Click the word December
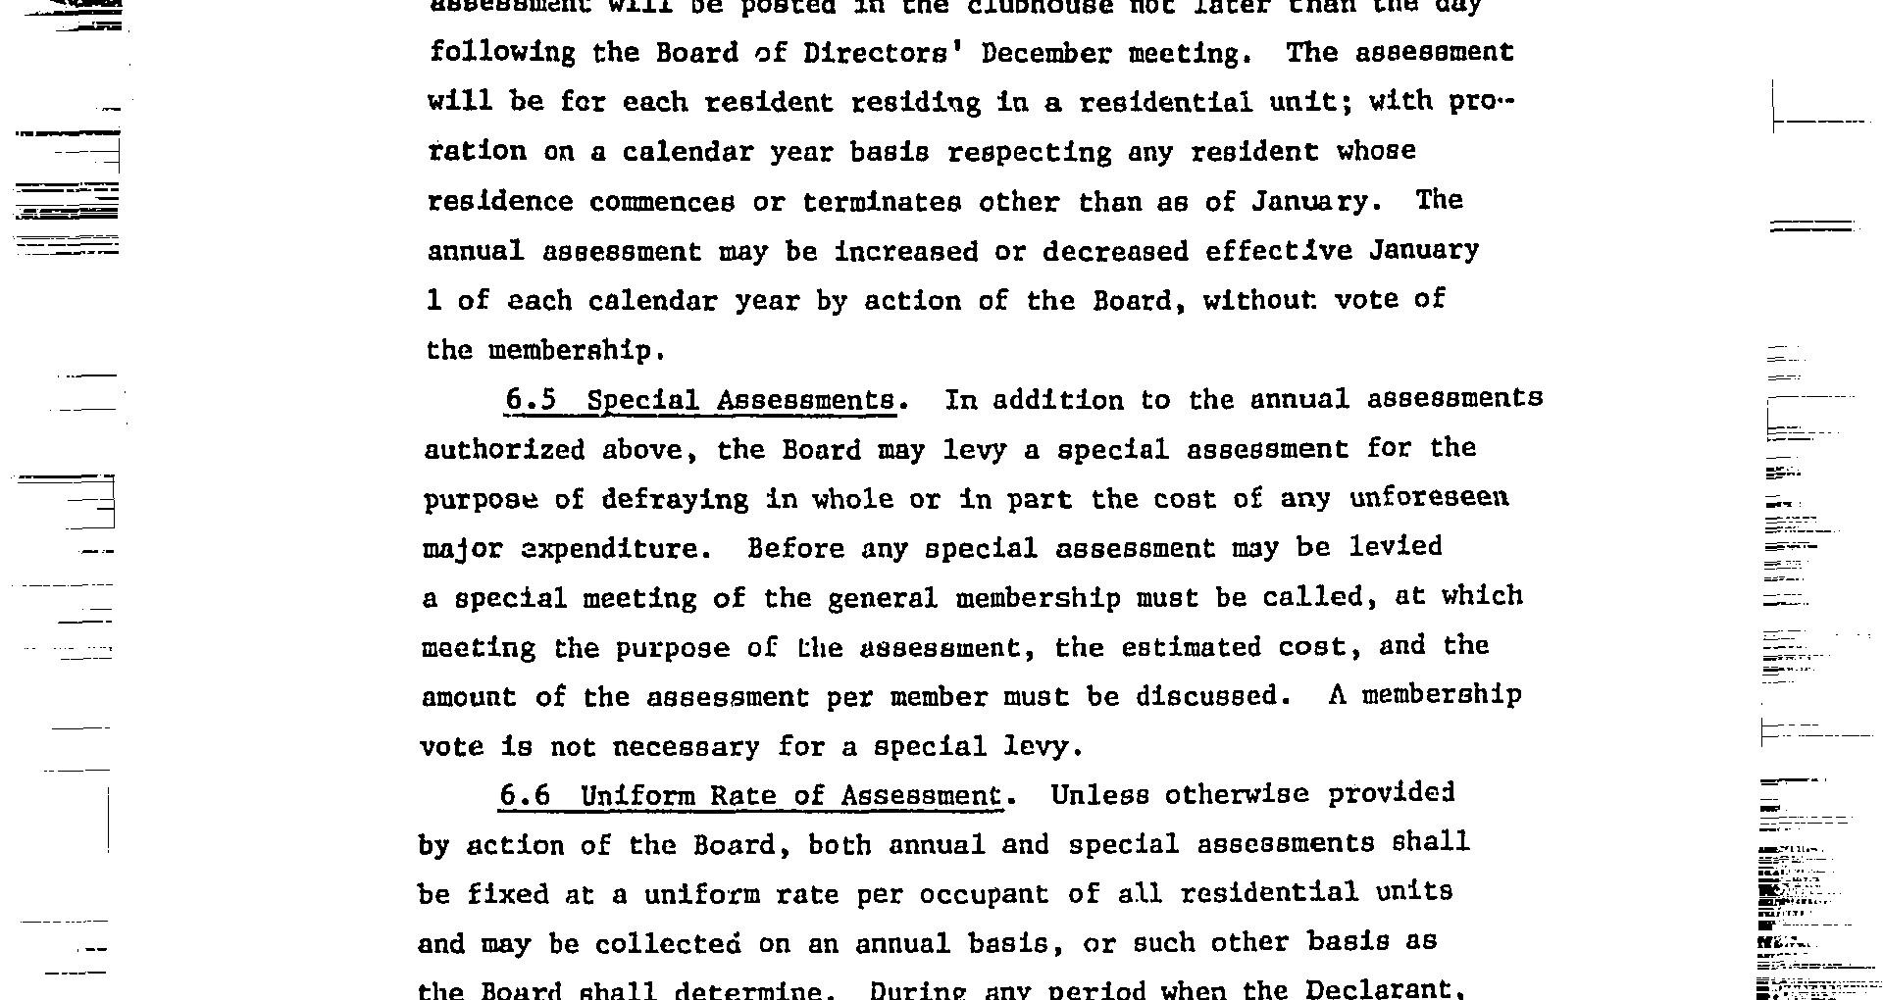click(x=1045, y=53)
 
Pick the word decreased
click(x=1115, y=252)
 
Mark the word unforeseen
click(x=1429, y=498)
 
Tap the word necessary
click(x=686, y=748)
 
